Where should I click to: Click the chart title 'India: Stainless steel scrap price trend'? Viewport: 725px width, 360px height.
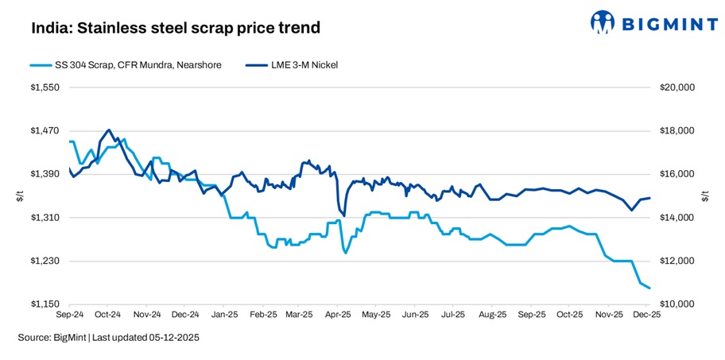tap(175, 29)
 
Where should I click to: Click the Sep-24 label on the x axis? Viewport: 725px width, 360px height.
tap(70, 315)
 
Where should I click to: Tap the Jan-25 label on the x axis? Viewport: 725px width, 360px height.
tap(224, 315)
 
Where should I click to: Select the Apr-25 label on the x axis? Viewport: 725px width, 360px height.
tap(339, 315)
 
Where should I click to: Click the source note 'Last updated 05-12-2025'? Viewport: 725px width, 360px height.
tap(145, 338)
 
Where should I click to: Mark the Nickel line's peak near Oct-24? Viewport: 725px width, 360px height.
tap(108, 130)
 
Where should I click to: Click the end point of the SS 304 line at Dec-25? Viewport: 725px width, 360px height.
tap(649, 288)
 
